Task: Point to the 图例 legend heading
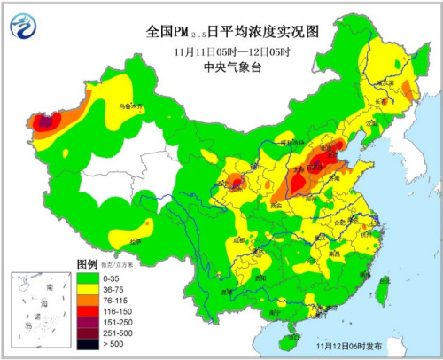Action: [86, 264]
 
